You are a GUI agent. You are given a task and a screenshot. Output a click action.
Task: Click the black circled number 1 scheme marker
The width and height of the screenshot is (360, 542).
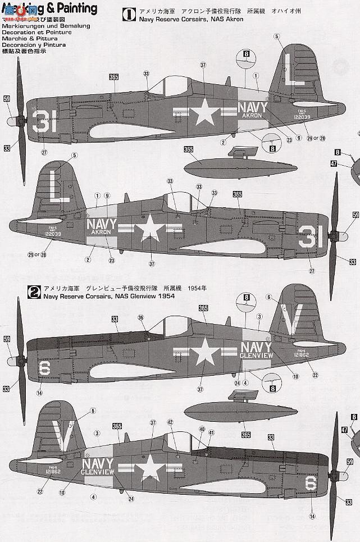[x=128, y=13]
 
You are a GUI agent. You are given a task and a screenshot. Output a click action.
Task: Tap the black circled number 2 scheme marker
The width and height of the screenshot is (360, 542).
[x=34, y=292]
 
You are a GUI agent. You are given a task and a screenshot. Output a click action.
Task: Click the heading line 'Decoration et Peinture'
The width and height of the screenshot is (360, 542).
[x=32, y=33]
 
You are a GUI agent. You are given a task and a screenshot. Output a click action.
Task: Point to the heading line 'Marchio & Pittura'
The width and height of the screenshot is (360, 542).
[x=27, y=39]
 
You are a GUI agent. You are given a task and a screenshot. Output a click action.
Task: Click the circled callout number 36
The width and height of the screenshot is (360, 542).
[x=140, y=317]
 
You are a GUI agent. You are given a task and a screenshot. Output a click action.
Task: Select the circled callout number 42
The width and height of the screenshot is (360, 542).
[x=171, y=422]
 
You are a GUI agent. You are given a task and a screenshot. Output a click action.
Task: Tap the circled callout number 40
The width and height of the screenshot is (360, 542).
[x=202, y=429]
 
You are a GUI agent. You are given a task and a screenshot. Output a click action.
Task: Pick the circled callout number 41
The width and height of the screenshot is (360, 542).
[x=211, y=433]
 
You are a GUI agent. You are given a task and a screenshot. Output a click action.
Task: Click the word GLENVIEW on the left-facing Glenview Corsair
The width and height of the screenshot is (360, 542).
[x=256, y=356]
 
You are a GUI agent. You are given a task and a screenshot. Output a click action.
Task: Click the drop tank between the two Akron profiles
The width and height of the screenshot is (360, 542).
[x=209, y=165]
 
